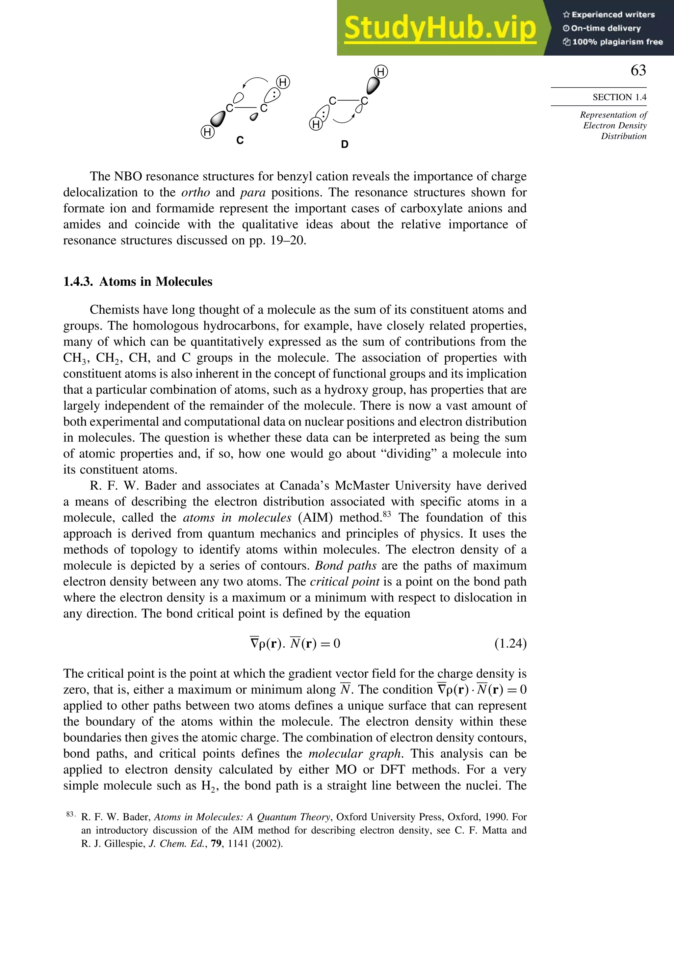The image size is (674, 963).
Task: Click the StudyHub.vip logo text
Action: click(440, 29)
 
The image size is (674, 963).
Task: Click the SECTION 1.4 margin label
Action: click(619, 97)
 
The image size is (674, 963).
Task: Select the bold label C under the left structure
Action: click(240, 140)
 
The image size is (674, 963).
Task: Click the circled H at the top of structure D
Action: click(381, 72)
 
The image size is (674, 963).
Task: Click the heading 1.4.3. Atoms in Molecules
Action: click(138, 281)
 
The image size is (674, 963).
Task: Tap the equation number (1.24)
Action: click(510, 643)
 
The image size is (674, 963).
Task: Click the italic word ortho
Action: click(195, 193)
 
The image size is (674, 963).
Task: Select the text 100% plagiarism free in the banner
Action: click(617, 42)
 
